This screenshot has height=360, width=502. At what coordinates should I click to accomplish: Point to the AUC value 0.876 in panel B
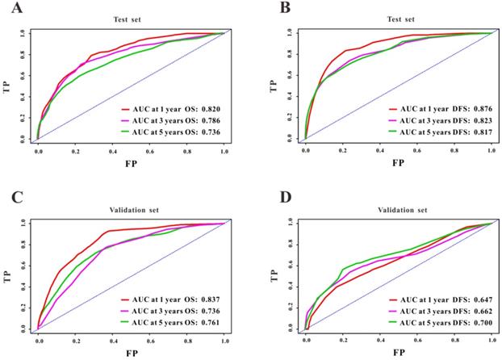479,107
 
